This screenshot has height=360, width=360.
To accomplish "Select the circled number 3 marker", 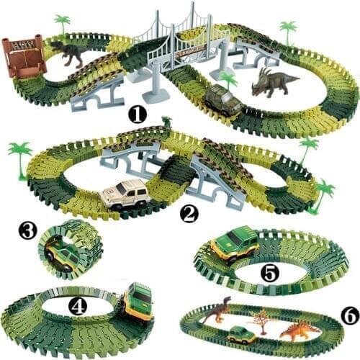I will pos(28,230).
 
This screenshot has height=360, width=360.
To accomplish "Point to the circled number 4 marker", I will pos(78,306).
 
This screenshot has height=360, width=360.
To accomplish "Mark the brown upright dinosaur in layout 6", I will pos(216,310).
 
